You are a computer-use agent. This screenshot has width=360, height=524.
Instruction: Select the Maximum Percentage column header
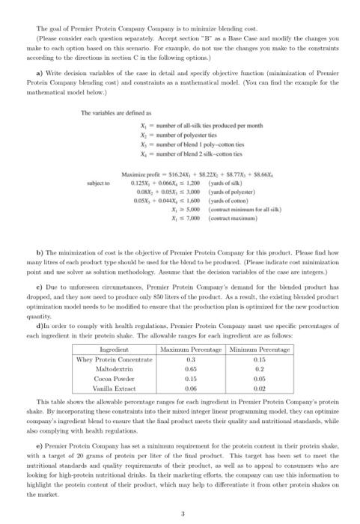[x=198, y=350]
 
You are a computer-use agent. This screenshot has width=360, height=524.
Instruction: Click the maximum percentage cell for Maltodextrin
[x=198, y=369]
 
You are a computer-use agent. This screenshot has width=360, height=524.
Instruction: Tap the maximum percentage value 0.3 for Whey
[x=198, y=359]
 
